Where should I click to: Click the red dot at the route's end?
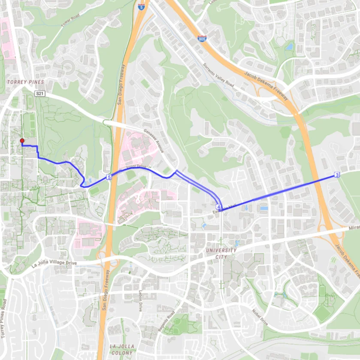[x=22, y=140]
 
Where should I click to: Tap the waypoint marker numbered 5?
[x=109, y=177]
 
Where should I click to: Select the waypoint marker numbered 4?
[x=219, y=207]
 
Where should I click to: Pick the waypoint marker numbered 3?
[x=337, y=175]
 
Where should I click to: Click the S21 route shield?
[x=40, y=93]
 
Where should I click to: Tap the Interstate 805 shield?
[x=202, y=39]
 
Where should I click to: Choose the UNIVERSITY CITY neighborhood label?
[x=221, y=253]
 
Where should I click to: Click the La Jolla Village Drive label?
[x=54, y=263]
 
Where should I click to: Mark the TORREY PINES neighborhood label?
[x=25, y=82]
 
